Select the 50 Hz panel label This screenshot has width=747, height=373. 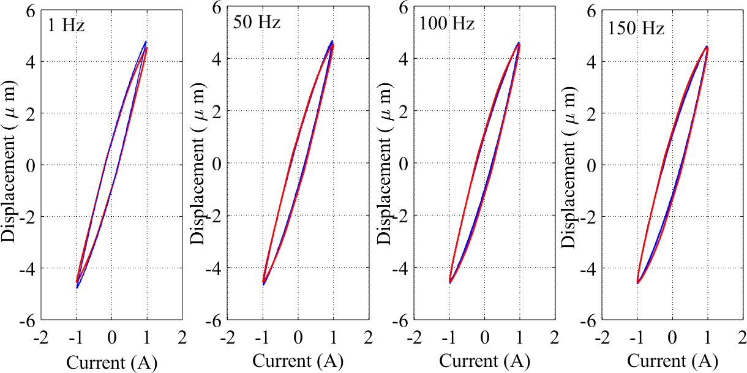click(x=257, y=23)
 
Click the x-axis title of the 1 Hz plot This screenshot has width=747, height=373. click(x=111, y=363)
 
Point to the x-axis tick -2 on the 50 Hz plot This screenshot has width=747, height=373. click(x=228, y=337)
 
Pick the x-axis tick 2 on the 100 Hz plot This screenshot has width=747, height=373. click(x=554, y=337)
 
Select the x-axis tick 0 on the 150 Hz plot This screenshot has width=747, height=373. click(x=672, y=337)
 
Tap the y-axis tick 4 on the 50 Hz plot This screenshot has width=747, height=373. click(x=217, y=59)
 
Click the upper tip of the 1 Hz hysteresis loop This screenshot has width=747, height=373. click(x=146, y=42)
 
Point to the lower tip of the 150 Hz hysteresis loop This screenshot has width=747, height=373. click(x=637, y=283)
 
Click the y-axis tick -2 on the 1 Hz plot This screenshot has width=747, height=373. click(x=28, y=217)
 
